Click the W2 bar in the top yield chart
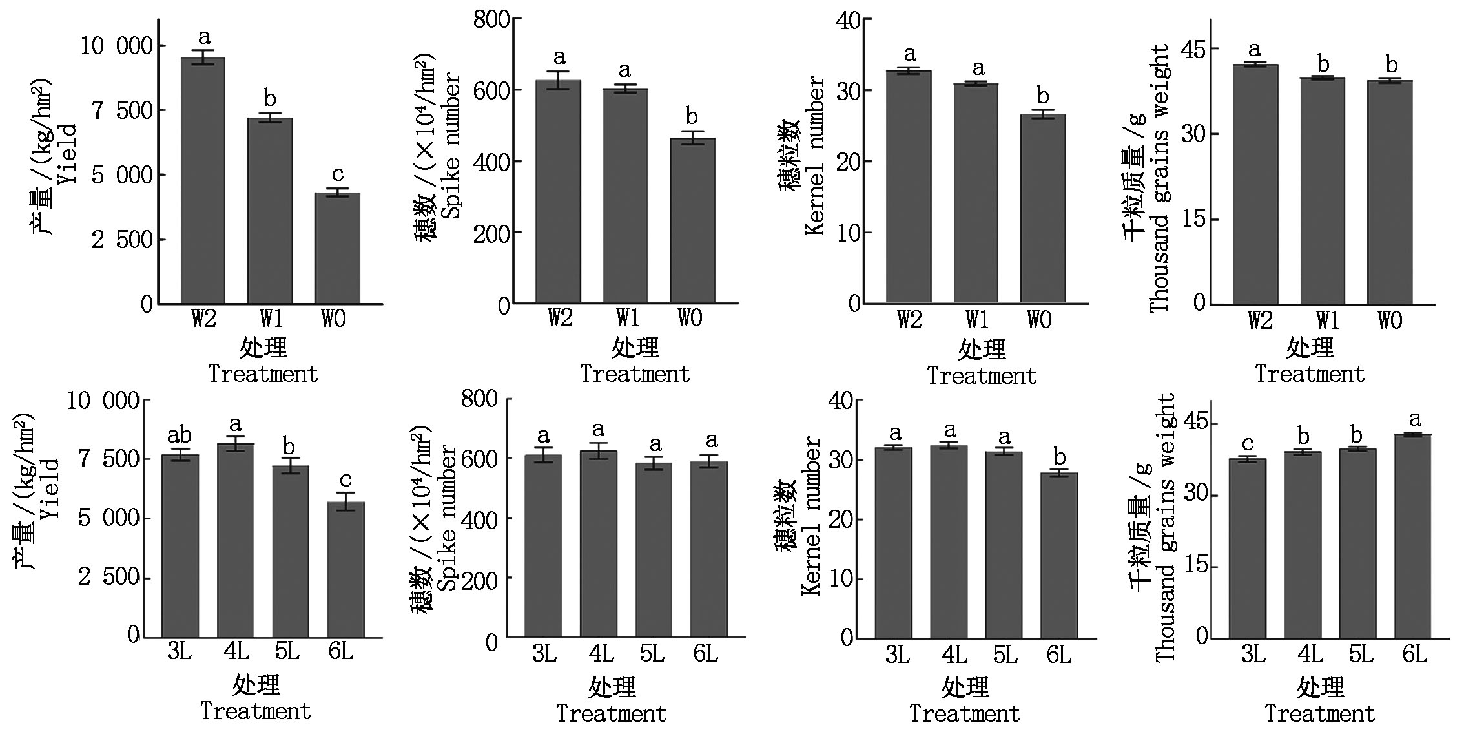203,181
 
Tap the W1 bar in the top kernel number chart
976,194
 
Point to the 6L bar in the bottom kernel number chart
1059,556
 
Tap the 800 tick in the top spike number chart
492,20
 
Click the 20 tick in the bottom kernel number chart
841,519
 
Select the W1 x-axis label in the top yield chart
271,319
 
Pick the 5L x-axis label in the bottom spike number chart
652,655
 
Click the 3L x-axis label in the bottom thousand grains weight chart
1253,655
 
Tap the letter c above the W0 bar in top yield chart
337,174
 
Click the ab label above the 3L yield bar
180,434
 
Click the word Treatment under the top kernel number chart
982,375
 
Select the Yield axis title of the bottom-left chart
50,489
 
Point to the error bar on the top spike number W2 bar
559,80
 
